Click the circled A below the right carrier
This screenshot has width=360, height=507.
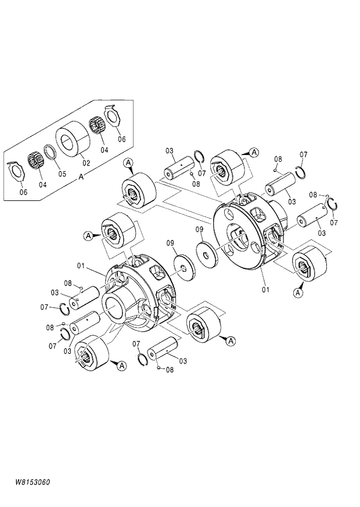coord(298,293)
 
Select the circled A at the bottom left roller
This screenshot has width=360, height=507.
coord(121,365)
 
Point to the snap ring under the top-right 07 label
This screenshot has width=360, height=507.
coord(300,171)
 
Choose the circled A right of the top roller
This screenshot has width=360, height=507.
coord(253,152)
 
